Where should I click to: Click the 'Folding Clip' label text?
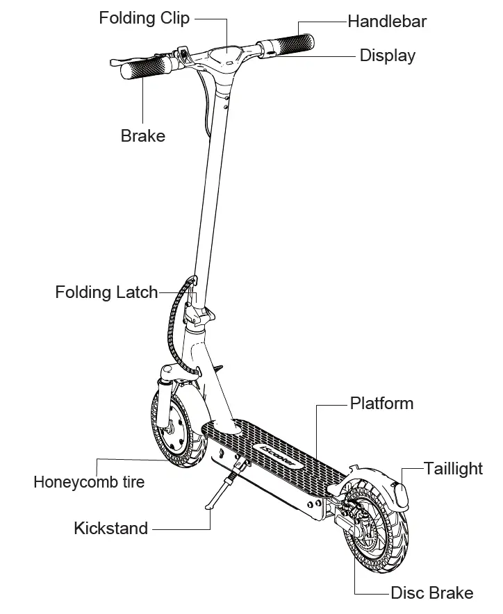tap(144, 18)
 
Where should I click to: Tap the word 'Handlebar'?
tap(387, 22)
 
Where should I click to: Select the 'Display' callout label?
tap(388, 56)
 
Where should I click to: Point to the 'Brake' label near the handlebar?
tap(143, 135)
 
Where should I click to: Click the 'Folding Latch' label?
tap(107, 292)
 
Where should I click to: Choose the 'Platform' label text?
tap(381, 404)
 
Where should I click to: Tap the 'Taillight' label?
tap(454, 469)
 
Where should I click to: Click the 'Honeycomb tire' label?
tap(89, 481)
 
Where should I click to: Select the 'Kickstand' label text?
tap(111, 529)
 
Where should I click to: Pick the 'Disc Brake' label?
tap(432, 593)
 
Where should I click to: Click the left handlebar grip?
tap(148, 67)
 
